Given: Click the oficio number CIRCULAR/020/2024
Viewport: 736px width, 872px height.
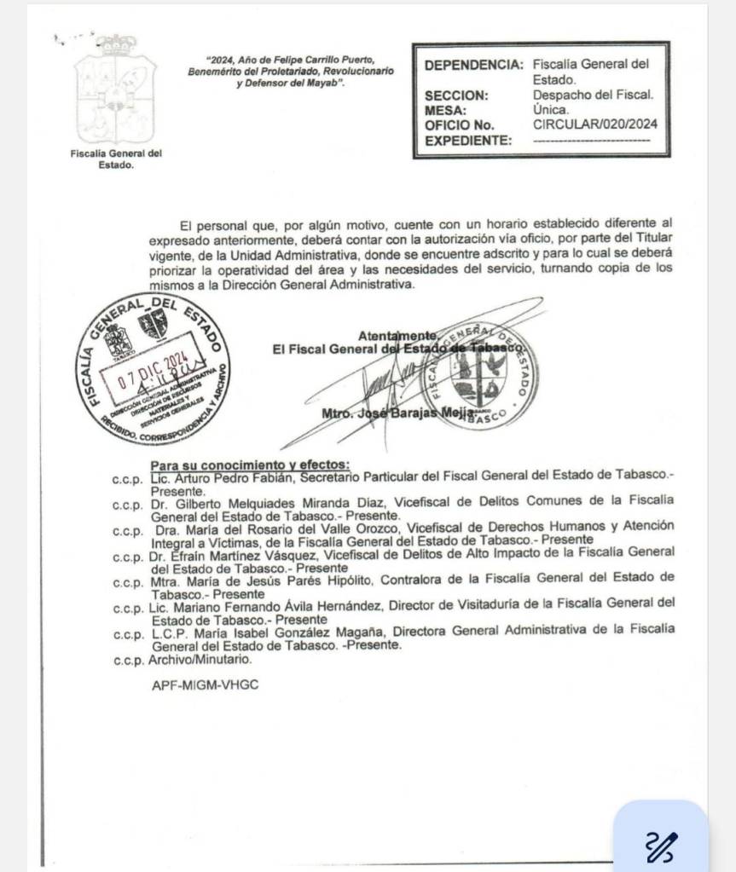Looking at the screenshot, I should (594, 124).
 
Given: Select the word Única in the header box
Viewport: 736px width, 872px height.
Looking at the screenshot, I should (550, 110).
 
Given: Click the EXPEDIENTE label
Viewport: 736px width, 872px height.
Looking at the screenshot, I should (468, 141).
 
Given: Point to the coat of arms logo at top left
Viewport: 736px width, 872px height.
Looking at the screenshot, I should (115, 90).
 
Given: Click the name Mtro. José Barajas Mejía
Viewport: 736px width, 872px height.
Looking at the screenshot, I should (397, 413).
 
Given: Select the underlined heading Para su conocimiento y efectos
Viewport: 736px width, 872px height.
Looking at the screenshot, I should (250, 465).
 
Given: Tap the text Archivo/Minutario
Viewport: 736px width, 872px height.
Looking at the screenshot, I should (200, 660).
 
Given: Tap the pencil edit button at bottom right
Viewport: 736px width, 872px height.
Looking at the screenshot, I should (661, 844).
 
